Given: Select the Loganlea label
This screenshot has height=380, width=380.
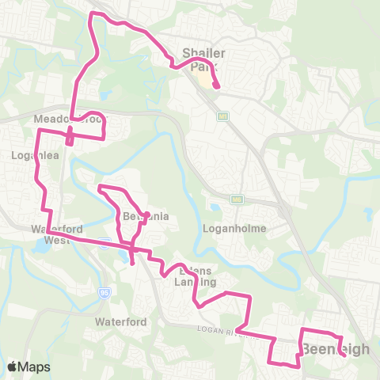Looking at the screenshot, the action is [x=31, y=155].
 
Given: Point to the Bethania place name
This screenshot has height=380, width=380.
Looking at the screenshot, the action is [x=146, y=216].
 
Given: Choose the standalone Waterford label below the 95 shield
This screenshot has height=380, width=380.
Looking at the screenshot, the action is [x=117, y=322].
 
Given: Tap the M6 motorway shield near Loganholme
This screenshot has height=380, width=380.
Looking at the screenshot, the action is [x=236, y=199].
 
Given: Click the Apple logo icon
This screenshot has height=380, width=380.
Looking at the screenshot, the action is [x=13, y=367].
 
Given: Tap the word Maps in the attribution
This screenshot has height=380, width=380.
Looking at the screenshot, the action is [x=35, y=367].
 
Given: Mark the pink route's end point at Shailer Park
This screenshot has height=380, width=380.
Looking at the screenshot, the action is [x=217, y=87].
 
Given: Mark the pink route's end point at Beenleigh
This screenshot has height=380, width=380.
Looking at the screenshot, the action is [x=345, y=355].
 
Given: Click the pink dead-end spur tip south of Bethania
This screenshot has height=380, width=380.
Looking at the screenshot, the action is [x=132, y=262].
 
